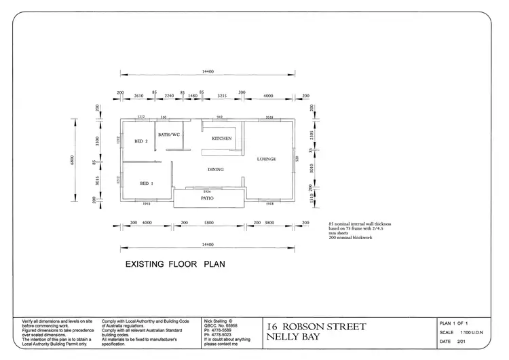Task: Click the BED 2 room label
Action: pyautogui.click(x=140, y=141)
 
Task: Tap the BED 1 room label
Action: pyautogui.click(x=147, y=183)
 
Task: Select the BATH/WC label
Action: pyautogui.click(x=168, y=134)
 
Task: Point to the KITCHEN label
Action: pyautogui.click(x=222, y=139)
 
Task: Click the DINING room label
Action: pyautogui.click(x=216, y=169)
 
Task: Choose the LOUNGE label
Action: pyautogui.click(x=266, y=159)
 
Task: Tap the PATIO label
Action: pyautogui.click(x=208, y=199)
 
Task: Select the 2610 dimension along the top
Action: pyautogui.click(x=138, y=96)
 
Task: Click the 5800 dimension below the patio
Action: pyautogui.click(x=208, y=222)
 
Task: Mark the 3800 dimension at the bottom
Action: pyautogui.click(x=269, y=222)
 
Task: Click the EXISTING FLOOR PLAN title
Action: pyautogui.click(x=174, y=264)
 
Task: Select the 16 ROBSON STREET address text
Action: pyautogui.click(x=316, y=327)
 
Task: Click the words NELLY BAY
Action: pyautogui.click(x=293, y=337)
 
